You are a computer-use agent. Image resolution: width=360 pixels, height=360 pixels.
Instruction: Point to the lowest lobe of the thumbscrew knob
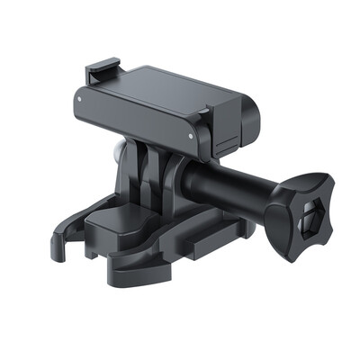tap(286, 255)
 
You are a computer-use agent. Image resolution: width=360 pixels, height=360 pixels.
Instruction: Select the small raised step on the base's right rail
tap(202, 236)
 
